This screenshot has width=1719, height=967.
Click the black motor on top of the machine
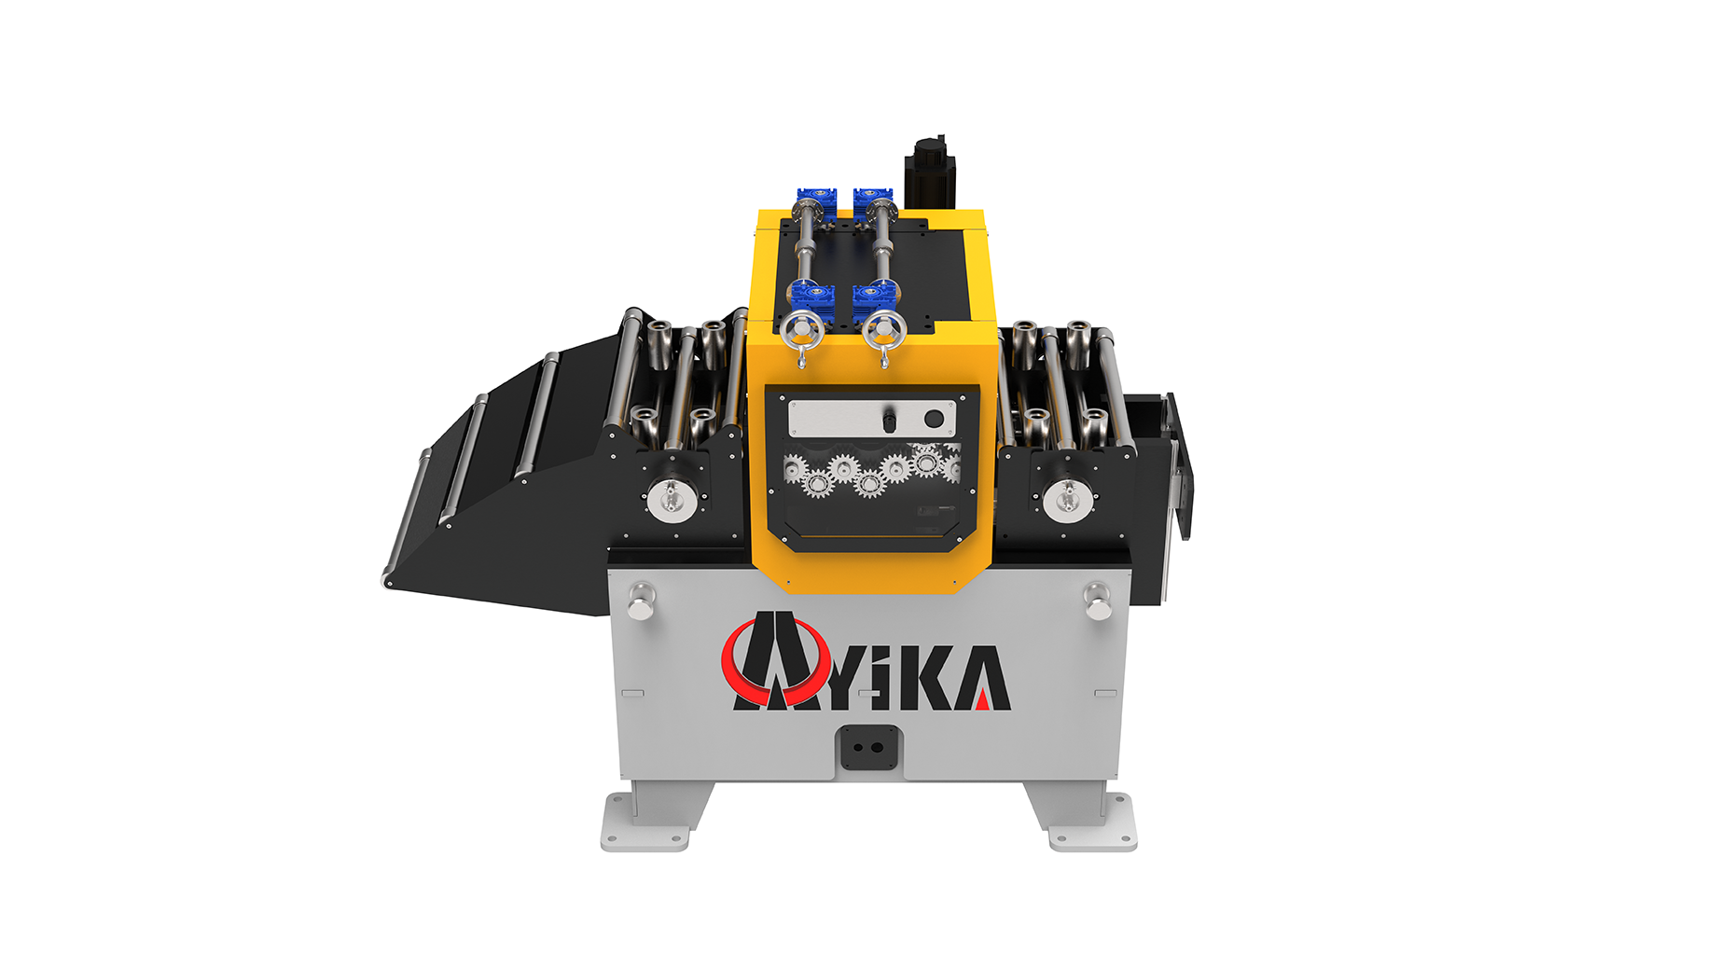pyautogui.click(x=930, y=174)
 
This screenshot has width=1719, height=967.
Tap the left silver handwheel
pyautogui.click(x=802, y=330)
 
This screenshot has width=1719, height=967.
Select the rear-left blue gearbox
pyautogui.click(x=816, y=200)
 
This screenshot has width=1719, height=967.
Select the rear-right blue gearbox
pyautogui.click(x=873, y=200)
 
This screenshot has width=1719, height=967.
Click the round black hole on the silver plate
pyautogui.click(x=934, y=419)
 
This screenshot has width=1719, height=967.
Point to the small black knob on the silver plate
pyautogui.click(x=889, y=421)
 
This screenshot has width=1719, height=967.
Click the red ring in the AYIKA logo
pyautogui.click(x=775, y=662)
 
